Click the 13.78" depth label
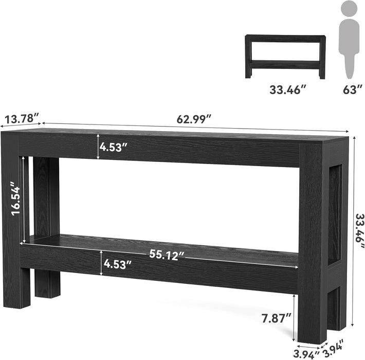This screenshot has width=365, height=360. point(22,119)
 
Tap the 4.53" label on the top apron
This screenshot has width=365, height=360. point(114,147)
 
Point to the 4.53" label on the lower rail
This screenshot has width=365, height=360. point(118,264)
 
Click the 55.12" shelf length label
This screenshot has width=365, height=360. point(167,256)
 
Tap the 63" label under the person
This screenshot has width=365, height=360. point(350,89)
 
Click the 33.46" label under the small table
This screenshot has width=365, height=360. point(288,89)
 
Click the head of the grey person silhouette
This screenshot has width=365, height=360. point(350,9)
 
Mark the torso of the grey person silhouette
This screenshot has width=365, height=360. point(350,36)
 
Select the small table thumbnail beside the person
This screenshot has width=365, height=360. point(285,57)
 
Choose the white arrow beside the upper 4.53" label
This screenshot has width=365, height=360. point(99,147)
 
